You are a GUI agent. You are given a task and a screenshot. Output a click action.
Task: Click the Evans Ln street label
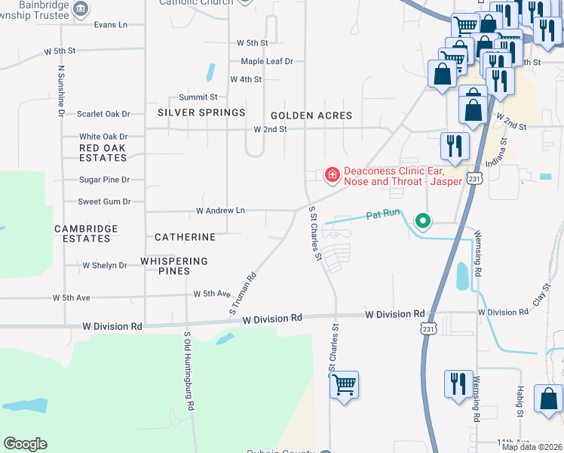pos(110,25)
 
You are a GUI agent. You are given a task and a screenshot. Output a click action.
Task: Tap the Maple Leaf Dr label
pos(267,61)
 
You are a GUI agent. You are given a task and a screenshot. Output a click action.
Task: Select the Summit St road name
pos(198,97)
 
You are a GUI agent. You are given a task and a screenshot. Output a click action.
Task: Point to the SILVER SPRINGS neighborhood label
pos(201,112)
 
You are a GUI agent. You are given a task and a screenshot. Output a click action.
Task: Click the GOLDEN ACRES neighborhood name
pos(311,116)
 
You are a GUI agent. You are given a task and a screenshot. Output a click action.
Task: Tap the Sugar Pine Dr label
pos(106,180)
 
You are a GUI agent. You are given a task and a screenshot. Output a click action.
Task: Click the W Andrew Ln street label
pos(221,211)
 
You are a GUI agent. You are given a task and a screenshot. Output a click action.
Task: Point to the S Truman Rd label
pos(244,295)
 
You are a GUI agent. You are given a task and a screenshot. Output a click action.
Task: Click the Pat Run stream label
pos(382,214)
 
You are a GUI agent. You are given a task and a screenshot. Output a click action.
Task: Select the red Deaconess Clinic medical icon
pos(331,175)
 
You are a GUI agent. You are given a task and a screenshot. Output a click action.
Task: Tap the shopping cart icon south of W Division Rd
pos(345,385)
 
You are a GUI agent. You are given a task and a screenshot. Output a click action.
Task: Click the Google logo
pos(26,444)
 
